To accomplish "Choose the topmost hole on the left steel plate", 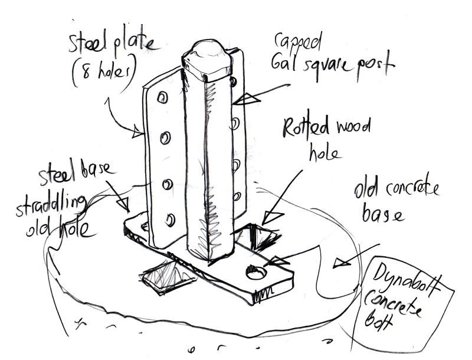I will [x=163, y=97].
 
